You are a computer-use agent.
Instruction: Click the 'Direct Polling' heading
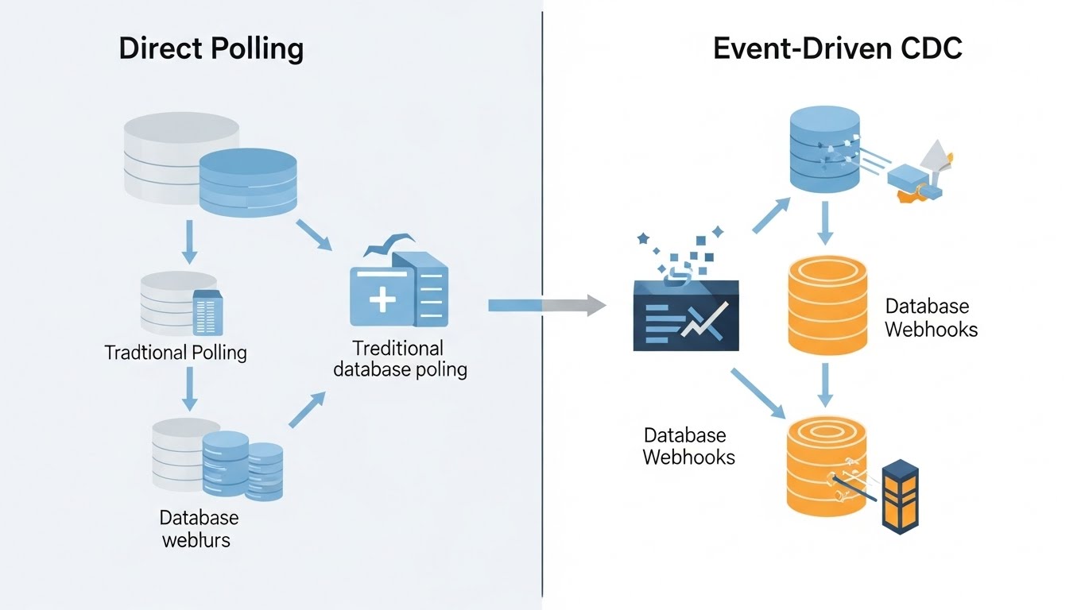(211, 48)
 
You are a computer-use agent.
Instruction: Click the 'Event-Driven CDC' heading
(837, 48)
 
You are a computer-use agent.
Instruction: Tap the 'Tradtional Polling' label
(176, 353)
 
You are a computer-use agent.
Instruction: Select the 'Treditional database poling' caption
(400, 359)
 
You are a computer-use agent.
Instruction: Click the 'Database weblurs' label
(198, 529)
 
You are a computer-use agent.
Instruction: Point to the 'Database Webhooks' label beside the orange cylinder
(931, 318)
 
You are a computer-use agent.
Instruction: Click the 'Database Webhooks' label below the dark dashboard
(688, 446)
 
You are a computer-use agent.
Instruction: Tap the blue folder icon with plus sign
(399, 290)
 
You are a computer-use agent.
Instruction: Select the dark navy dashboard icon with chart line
(686, 315)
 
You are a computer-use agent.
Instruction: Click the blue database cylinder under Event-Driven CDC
(825, 151)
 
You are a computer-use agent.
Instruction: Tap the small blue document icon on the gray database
(208, 312)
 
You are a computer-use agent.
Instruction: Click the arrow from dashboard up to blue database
(770, 215)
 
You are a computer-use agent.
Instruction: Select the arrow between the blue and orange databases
(825, 222)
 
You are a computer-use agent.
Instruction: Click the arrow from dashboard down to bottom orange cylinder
(757, 393)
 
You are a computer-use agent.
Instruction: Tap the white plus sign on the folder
(382, 300)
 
